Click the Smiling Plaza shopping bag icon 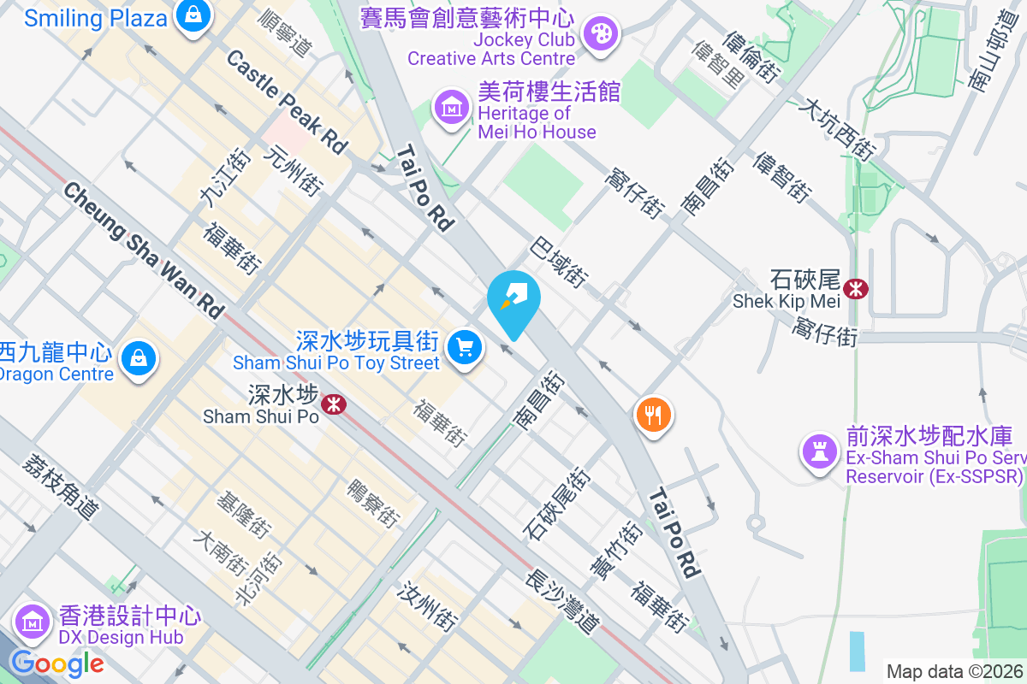(194, 15)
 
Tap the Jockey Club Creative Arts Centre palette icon (600, 34)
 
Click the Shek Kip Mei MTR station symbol (855, 289)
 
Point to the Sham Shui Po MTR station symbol (334, 402)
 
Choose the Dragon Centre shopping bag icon (139, 359)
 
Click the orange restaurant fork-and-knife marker (654, 416)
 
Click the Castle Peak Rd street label (287, 102)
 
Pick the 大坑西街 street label (837, 130)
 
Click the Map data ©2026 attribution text (954, 671)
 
